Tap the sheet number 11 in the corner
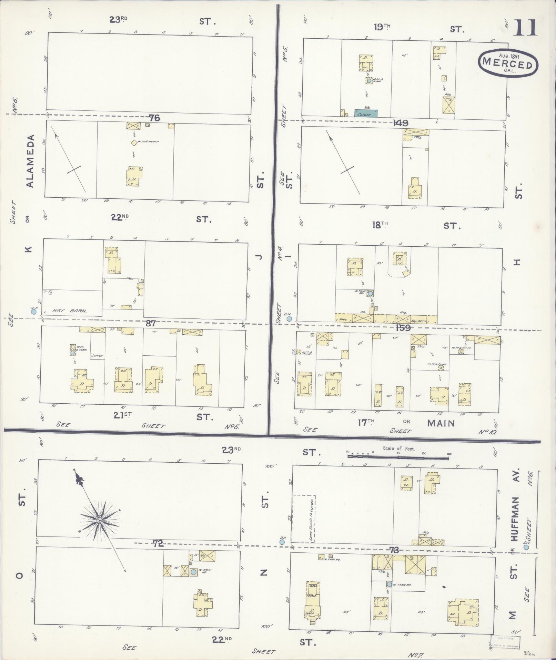[x=525, y=28]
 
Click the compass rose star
[x=100, y=520]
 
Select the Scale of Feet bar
[x=398, y=456]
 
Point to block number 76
[x=154, y=118]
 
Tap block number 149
[x=400, y=123]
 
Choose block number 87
[x=151, y=324]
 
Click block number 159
[x=403, y=327]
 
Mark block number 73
[x=394, y=550]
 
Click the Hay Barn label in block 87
[x=69, y=311]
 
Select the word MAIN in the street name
[x=441, y=423]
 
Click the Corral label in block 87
[x=97, y=356]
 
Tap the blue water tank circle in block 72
[x=193, y=572]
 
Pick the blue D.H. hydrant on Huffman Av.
[x=526, y=547]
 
